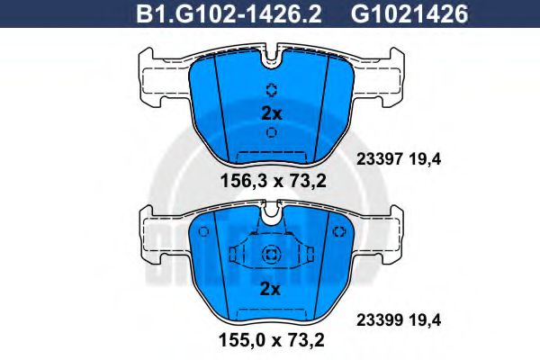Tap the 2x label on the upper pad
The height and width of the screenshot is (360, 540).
[271, 113]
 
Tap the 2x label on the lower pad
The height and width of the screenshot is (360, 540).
[271, 289]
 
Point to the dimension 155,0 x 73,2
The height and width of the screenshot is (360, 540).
[272, 341]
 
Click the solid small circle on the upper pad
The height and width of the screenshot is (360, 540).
[271, 132]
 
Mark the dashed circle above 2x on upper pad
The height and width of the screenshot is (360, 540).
[271, 90]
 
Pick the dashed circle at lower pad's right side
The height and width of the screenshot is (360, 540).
[339, 233]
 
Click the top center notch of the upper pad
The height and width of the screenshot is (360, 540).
[271, 59]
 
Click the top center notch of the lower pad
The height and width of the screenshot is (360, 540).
[271, 213]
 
